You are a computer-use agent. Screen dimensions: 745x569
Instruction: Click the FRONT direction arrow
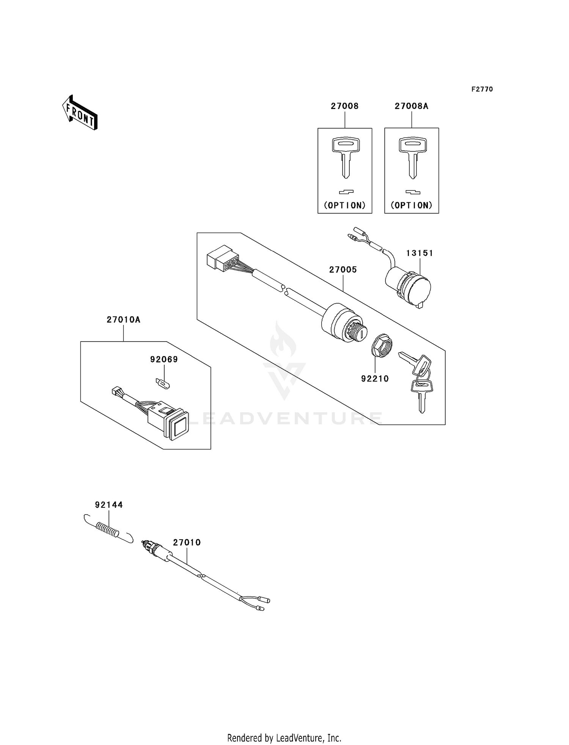pos(80,113)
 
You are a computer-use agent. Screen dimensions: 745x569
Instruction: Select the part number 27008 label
pos(344,106)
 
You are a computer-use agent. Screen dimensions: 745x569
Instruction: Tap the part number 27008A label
pos(411,106)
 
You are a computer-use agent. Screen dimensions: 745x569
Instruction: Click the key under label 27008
pos(345,158)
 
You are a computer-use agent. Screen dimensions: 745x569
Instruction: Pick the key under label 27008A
pos(412,158)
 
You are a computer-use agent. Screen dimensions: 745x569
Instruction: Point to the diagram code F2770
pos(482,89)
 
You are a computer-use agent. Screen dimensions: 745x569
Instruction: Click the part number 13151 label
pos(420,253)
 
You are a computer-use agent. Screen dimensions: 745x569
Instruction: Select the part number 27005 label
pos(343,270)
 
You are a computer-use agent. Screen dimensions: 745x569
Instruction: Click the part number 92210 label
pos(375,378)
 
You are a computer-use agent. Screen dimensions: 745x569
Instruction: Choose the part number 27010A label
pos(123,320)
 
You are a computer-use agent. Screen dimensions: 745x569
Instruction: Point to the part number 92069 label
pos(164,359)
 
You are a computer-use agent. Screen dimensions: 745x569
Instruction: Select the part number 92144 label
pos(109,505)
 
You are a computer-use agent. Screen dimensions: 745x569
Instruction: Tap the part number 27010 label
pos(187,543)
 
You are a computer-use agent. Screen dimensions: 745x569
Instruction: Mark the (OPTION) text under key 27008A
pos(411,205)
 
